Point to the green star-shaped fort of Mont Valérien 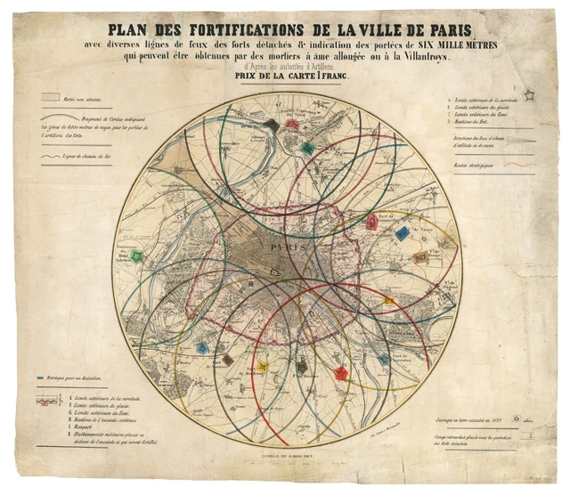coord(136,256)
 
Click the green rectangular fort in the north coord(307,148)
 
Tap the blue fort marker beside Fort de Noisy coord(403,234)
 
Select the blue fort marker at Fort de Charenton coord(384,360)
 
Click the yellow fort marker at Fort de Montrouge coord(261,366)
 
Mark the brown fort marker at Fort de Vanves coord(228,360)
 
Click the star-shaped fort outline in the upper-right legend coord(528,93)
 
